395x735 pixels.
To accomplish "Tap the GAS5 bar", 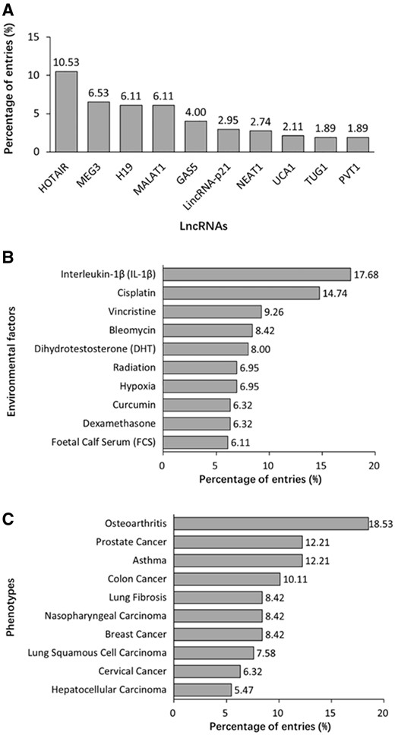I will click(197, 136).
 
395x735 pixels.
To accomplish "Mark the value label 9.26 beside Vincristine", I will click(276, 311).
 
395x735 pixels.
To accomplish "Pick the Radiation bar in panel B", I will click(200, 367).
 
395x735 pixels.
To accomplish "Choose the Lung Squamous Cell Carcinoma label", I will click(90, 652).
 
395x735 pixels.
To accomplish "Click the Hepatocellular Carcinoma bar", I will click(202, 689).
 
